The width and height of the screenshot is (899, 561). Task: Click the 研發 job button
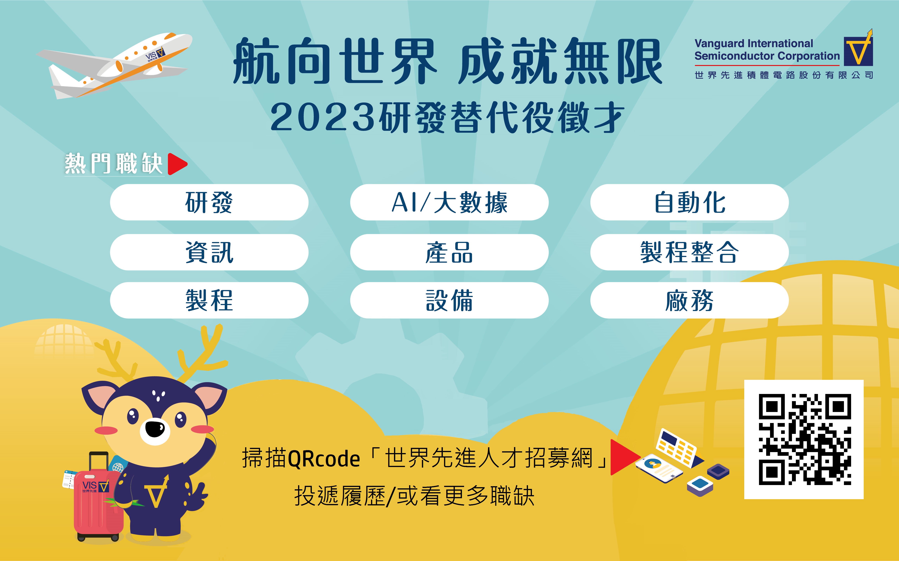tap(209, 202)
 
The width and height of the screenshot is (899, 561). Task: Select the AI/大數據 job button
tap(449, 202)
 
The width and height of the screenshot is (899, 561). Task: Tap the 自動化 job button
tap(689, 202)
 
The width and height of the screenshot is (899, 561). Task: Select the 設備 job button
tap(449, 300)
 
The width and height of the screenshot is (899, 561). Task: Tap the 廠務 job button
tap(689, 300)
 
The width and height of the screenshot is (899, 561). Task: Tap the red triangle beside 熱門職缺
tap(177, 164)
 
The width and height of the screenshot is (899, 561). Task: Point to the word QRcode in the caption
tap(324, 459)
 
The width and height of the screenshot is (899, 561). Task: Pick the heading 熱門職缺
tap(114, 164)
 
